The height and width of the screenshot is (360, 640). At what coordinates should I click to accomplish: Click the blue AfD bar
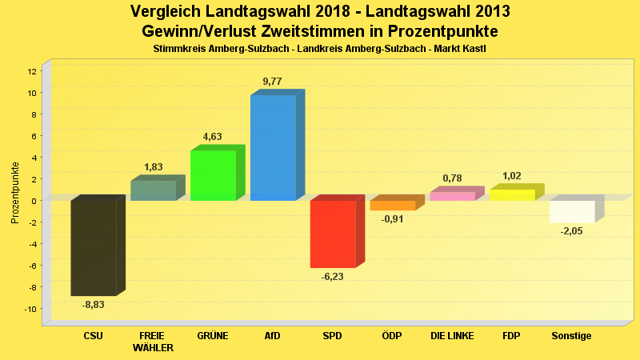[273, 148]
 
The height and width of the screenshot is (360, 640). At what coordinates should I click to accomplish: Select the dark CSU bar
[94, 248]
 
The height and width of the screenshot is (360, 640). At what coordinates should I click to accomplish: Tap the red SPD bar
[333, 234]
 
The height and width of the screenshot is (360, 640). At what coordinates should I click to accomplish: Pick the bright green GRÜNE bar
[213, 175]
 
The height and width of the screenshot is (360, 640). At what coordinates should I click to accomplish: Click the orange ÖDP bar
[393, 206]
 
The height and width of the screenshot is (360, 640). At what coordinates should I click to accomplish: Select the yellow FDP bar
[512, 195]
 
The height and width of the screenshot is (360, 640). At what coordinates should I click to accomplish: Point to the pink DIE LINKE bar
[452, 196]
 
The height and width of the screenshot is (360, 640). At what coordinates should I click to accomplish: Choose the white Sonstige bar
[572, 211]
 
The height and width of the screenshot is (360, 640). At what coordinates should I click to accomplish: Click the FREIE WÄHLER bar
[153, 190]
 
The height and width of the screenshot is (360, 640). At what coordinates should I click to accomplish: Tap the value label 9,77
[272, 82]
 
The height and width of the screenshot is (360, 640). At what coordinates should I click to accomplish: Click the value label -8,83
[94, 304]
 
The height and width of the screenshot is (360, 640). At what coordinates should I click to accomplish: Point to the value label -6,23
[333, 276]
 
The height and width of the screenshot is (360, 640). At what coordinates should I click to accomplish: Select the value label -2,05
[572, 231]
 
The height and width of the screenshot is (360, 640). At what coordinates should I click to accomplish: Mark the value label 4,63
[212, 137]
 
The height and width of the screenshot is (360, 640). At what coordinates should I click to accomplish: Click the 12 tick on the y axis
[31, 71]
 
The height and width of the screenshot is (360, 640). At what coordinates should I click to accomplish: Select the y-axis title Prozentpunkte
[15, 193]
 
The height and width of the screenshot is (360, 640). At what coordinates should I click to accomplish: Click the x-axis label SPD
[332, 336]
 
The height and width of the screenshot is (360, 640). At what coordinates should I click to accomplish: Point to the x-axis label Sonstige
[571, 336]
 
